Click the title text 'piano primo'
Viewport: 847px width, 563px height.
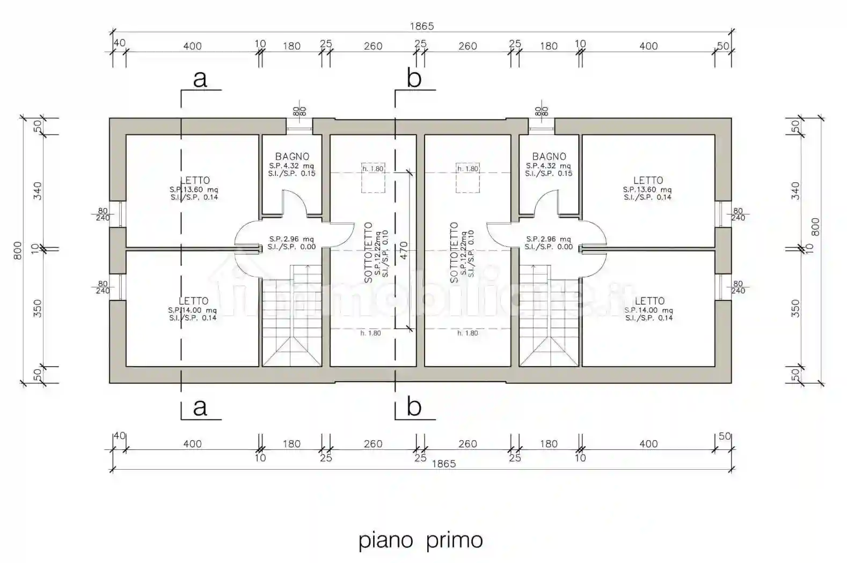pos(420,540)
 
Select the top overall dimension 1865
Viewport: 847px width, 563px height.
pos(421,26)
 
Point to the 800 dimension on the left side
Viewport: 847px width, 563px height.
pos(17,250)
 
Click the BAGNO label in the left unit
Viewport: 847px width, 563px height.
pos(292,157)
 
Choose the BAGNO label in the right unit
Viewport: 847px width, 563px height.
pos(549,157)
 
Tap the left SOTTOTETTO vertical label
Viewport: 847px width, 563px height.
pos(368,252)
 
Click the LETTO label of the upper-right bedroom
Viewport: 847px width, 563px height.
pos(648,181)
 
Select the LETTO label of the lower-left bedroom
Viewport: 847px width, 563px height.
pos(193,301)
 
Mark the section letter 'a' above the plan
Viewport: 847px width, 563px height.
pos(200,79)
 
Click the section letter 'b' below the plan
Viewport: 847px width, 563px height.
pos(414,408)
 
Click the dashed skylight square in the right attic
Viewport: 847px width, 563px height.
pos(468,178)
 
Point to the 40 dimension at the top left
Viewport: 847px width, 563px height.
pos(119,43)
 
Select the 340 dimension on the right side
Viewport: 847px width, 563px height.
pos(795,191)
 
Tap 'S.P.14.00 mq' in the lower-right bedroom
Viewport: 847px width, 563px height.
pos(648,310)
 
